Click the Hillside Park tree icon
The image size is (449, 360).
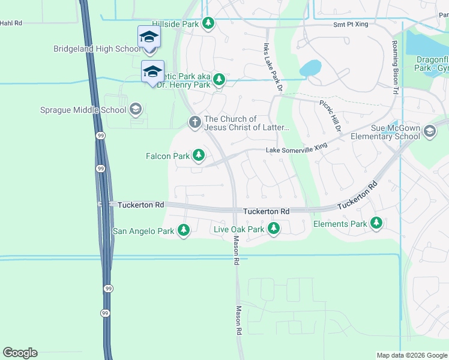point(208,23)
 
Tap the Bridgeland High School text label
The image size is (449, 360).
point(96,49)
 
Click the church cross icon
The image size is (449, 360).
point(194,122)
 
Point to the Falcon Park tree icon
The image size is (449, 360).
point(199,156)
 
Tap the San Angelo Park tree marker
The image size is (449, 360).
point(184,230)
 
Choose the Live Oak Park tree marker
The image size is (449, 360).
point(273,229)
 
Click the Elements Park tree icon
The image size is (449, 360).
point(376,224)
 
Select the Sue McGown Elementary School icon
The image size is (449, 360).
point(429,131)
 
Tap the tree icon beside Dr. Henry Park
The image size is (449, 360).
point(220,79)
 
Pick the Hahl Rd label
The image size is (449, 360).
point(11,23)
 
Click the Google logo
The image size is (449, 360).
point(20,353)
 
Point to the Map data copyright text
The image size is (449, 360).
point(411,355)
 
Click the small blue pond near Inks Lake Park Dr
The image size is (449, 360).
point(310,68)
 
